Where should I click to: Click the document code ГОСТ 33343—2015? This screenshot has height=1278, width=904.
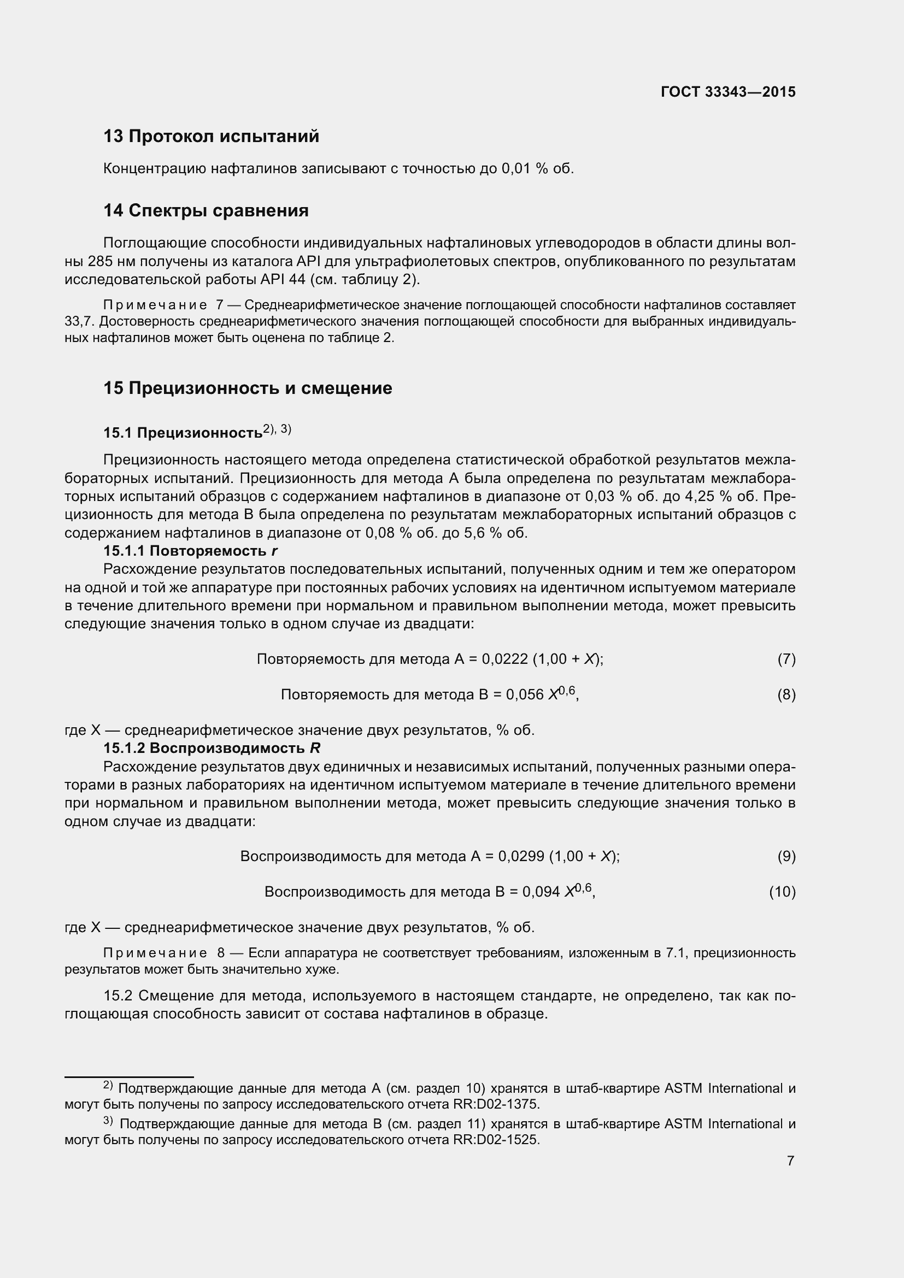click(x=728, y=92)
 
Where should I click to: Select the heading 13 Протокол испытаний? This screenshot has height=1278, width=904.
click(x=212, y=136)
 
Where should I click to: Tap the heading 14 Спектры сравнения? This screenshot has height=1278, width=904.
click(x=206, y=210)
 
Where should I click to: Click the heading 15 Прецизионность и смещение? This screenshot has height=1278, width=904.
click(x=248, y=388)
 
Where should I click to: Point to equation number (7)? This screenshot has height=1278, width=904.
click(x=786, y=659)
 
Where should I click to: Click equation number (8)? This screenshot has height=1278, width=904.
click(x=786, y=694)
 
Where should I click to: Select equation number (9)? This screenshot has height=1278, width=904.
click(x=786, y=856)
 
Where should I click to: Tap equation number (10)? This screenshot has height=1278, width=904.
click(x=782, y=892)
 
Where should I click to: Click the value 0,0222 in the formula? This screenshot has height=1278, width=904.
click(x=505, y=659)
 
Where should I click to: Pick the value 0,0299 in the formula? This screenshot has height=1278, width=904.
click(x=521, y=856)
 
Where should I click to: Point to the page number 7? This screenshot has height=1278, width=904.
click(x=790, y=1161)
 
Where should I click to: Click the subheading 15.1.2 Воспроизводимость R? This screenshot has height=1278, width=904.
click(x=212, y=747)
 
